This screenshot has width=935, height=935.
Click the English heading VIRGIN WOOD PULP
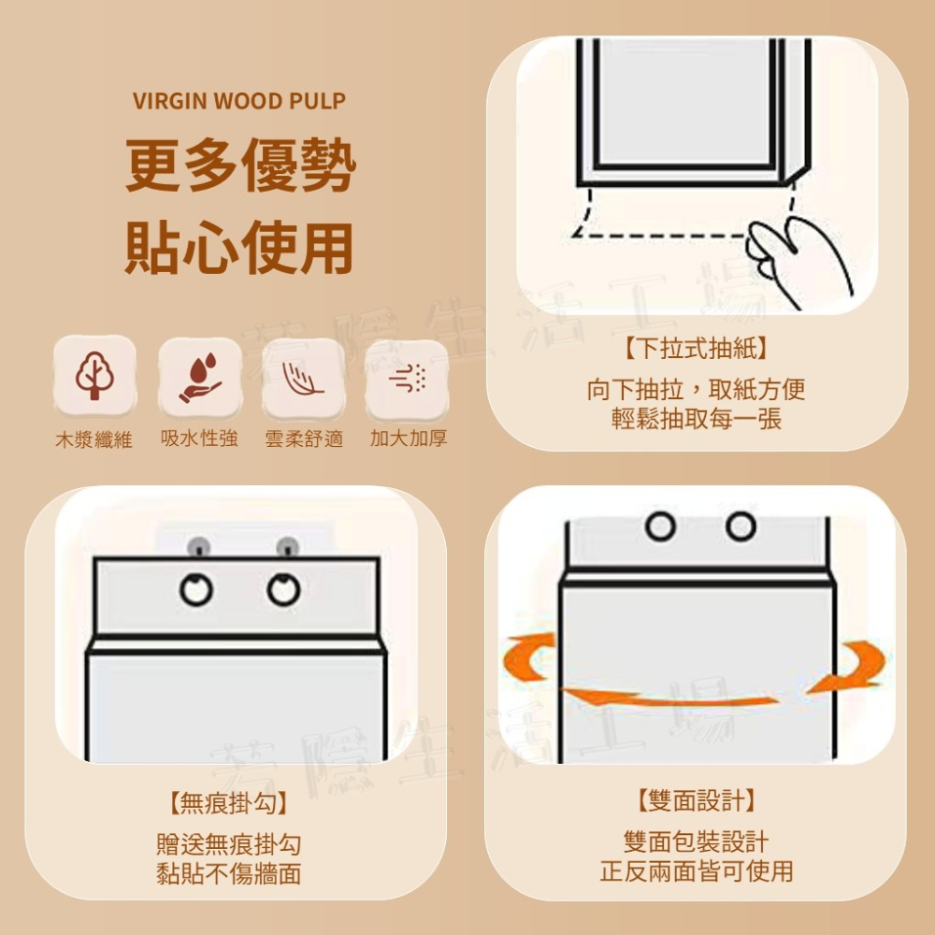(239, 101)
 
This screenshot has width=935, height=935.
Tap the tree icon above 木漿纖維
(94, 376)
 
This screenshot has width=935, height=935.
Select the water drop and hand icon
(200, 378)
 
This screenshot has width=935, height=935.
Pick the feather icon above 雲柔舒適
(303, 378)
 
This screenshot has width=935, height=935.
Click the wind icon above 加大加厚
(408, 378)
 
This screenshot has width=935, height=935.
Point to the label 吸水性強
(199, 439)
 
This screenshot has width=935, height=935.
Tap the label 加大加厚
(409, 439)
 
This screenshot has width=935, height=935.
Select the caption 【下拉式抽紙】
(696, 348)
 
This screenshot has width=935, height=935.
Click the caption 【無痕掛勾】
(228, 802)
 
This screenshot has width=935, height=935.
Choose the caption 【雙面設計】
(696, 799)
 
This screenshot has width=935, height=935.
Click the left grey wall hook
(198, 546)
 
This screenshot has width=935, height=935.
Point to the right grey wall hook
(287, 546)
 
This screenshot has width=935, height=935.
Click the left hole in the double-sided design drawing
(660, 526)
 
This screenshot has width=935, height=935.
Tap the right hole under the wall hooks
(284, 590)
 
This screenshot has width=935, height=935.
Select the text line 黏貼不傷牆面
(228, 873)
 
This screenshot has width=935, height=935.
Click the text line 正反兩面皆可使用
(696, 871)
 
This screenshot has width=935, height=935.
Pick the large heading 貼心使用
(239, 247)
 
